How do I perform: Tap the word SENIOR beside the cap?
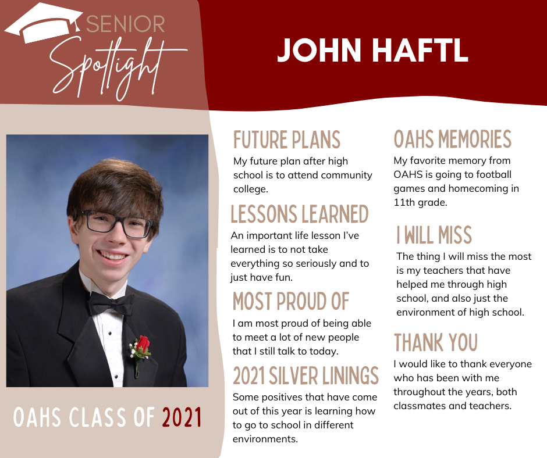pyautogui.click(x=125, y=24)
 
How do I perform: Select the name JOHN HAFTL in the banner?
pyautogui.click(x=372, y=50)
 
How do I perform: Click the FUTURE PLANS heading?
pyautogui.click(x=287, y=139)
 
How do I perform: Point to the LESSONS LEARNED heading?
pyautogui.click(x=300, y=214)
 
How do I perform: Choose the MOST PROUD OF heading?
pyautogui.click(x=291, y=301)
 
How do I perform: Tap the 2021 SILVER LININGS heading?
pyautogui.click(x=306, y=375)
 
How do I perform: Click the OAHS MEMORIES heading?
pyautogui.click(x=453, y=139)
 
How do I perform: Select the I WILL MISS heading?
pyautogui.click(x=434, y=235)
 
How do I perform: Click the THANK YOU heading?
pyautogui.click(x=436, y=342)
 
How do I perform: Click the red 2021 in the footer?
pyautogui.click(x=182, y=417)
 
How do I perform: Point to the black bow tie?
pyautogui.click(x=111, y=303)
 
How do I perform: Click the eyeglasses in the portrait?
pyautogui.click(x=117, y=224)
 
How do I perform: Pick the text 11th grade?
pyautogui.click(x=420, y=202)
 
